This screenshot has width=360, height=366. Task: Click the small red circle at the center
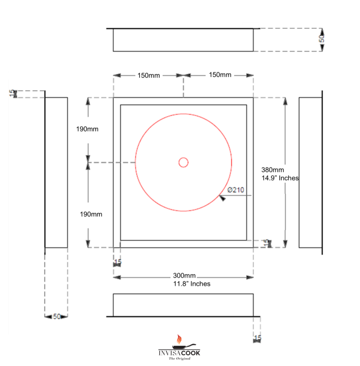tap(183, 162)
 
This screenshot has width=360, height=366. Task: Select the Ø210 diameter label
tap(236, 190)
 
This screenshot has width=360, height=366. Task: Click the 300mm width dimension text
tap(184, 276)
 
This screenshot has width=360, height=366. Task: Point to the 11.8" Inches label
tap(191, 284)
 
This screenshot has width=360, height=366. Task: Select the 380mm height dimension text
tap(272, 170)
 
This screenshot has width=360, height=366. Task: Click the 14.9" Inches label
tap(280, 178)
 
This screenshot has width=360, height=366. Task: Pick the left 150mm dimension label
tap(148, 76)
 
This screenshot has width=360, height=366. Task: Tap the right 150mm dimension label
tap(220, 75)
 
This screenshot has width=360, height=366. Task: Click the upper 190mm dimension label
tap(87, 129)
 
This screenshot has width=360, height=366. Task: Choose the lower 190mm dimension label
tap(91, 214)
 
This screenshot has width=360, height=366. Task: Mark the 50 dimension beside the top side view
tap(322, 38)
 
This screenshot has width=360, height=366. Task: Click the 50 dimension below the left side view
tap(57, 316)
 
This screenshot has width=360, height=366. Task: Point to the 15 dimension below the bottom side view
tap(258, 338)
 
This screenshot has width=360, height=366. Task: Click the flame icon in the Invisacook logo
tap(180, 339)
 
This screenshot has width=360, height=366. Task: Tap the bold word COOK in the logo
tap(190, 353)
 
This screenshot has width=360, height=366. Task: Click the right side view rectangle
tap(309, 172)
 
